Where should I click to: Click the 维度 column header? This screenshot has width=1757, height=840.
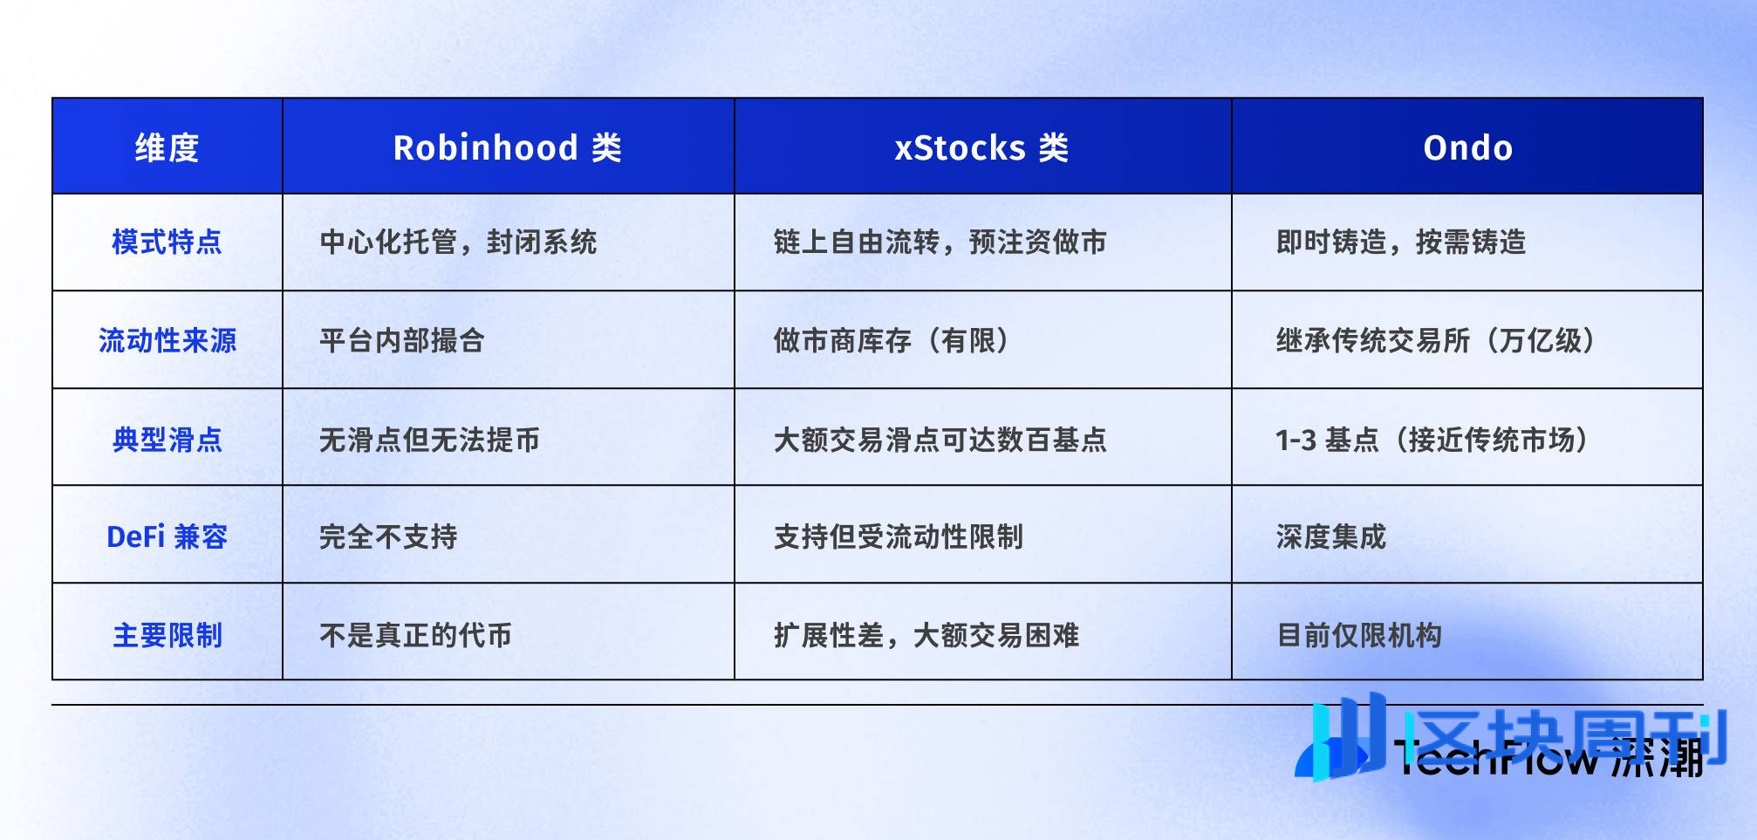coord(167,147)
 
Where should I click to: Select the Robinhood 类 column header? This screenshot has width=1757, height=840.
coord(507,147)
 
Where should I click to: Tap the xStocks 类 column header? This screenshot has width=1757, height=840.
coord(981,147)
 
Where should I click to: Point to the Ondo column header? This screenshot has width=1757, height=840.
coord(1467,147)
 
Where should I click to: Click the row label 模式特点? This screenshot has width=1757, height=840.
coord(167,242)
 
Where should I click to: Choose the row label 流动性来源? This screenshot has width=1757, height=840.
coord(167,340)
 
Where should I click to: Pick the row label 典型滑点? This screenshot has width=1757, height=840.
coord(167,439)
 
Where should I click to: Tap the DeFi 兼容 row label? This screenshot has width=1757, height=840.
coord(167,536)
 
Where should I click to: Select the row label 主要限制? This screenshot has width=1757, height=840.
coord(167,635)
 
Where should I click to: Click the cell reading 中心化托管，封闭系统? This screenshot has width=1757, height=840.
coord(458,242)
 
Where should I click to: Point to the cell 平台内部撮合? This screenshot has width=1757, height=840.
coord(401,340)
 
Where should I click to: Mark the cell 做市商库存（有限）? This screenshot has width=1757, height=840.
coord(892,340)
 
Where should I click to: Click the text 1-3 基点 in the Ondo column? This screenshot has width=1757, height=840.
coord(1326,439)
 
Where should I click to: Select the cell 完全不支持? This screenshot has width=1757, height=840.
coord(388,536)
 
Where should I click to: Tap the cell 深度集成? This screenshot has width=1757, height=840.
coord(1330,536)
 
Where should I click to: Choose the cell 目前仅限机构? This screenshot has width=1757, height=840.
coord(1358,635)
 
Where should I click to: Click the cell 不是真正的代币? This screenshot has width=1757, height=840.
coord(415,635)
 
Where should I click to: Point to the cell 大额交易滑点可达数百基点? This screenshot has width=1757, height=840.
coord(940,439)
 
